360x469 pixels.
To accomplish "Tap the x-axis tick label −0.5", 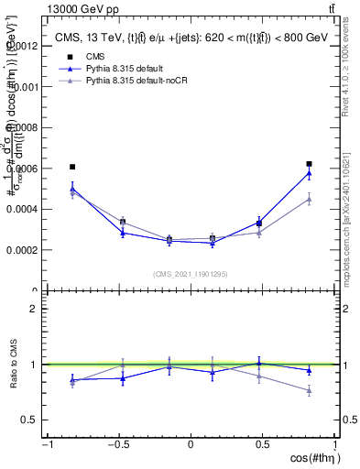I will tap(118, 443).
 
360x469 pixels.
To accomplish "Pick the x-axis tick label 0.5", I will tap(263, 443).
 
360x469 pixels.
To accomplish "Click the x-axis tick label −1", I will tap(46, 443).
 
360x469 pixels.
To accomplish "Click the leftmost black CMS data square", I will tap(72, 167).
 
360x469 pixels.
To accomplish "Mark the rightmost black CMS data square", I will tap(310, 164).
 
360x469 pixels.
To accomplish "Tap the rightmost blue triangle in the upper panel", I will tap(310, 172).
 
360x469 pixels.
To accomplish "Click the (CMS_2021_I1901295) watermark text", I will tap(190, 274).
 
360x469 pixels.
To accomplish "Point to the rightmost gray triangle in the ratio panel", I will tap(310, 391).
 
